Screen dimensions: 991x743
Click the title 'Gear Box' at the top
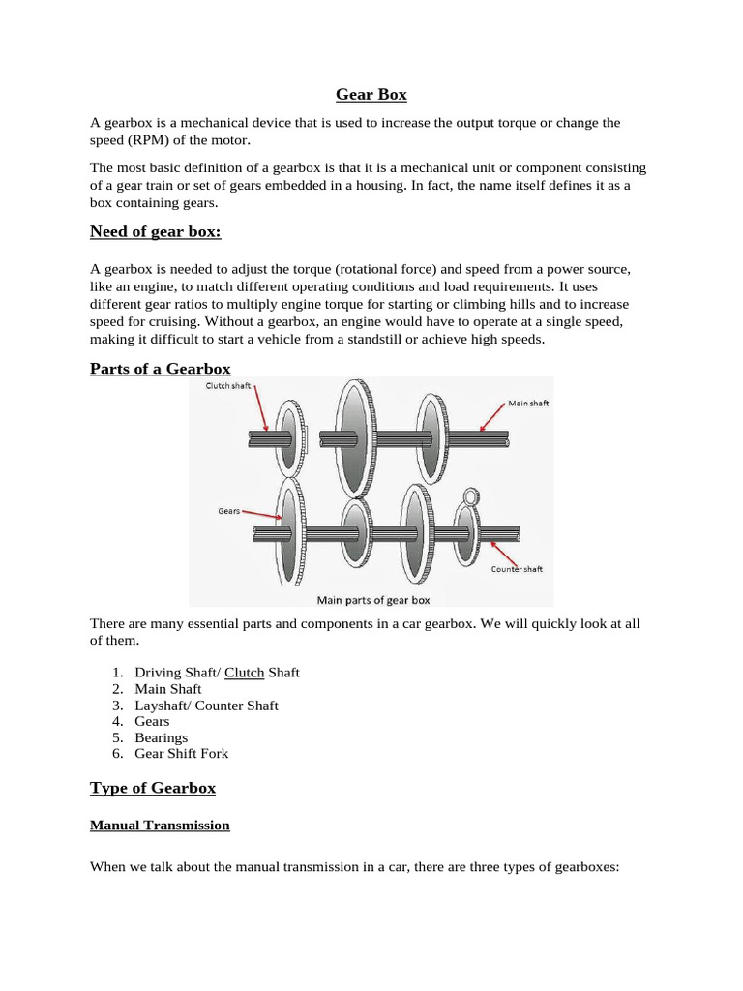tap(371, 94)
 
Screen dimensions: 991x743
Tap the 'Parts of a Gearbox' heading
tap(161, 369)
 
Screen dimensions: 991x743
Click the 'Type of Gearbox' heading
tap(153, 788)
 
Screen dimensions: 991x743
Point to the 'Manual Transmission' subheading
tap(160, 826)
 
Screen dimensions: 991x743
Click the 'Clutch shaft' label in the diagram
tap(227, 386)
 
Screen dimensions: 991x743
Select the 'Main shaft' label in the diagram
tap(528, 403)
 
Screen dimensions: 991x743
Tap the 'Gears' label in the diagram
tap(229, 510)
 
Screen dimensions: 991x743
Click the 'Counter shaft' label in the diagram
tap(517, 569)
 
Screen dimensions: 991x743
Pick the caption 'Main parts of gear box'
tap(373, 599)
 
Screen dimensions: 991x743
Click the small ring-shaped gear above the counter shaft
tap(471, 498)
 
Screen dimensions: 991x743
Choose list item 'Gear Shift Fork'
tap(182, 753)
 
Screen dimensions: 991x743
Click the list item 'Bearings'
tap(162, 737)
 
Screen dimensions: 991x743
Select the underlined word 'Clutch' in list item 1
tap(244, 673)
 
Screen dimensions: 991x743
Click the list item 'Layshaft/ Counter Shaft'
tap(206, 706)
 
